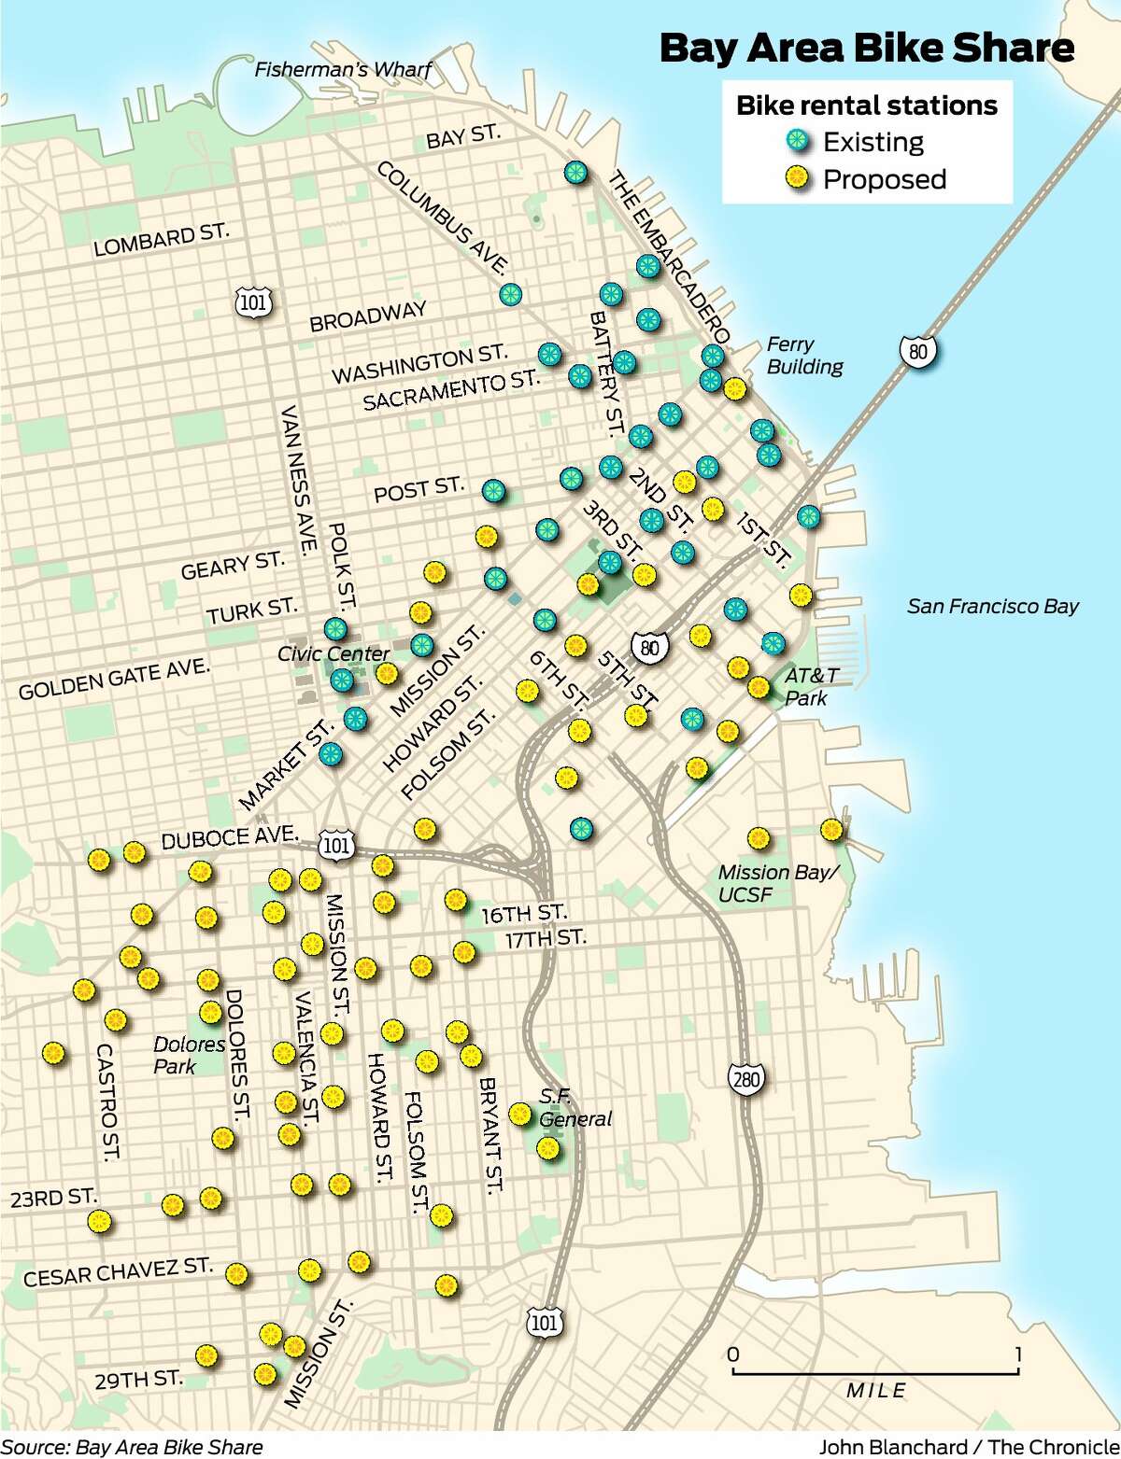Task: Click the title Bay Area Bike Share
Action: [867, 49]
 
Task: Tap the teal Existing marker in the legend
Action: [799, 142]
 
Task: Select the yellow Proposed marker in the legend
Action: [799, 179]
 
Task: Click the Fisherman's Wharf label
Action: [343, 69]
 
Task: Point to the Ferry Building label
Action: [804, 356]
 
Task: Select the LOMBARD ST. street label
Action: [161, 239]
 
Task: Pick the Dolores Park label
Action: [189, 1055]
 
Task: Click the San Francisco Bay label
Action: [992, 607]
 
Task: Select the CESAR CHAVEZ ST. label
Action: [118, 1273]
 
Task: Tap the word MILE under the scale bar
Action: [875, 1391]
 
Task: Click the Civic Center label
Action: [333, 653]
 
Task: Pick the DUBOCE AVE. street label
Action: [230, 837]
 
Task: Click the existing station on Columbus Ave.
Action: [510, 295]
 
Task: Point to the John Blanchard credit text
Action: [968, 1447]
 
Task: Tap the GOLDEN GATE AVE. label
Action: [114, 680]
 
